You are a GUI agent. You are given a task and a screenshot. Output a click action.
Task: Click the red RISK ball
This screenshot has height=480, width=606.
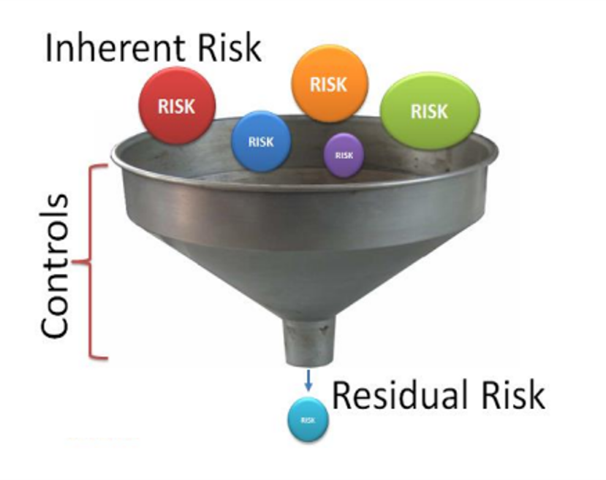[177, 107]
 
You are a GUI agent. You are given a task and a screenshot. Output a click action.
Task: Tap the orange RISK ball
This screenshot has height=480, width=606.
[328, 83]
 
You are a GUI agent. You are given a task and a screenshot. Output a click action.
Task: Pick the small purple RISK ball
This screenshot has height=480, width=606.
[344, 155]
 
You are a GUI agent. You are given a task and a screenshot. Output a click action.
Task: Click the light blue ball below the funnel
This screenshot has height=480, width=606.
[308, 419]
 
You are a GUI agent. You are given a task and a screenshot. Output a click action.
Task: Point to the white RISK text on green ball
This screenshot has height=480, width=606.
[429, 112]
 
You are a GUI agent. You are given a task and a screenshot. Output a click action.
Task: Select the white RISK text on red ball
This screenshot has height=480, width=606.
[177, 107]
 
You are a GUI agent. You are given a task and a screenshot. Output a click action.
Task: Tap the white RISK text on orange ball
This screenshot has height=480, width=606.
[328, 84]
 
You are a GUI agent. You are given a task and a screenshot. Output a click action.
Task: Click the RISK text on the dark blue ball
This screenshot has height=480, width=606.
[261, 142]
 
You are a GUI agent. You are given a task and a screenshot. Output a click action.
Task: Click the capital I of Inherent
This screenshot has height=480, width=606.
[50, 48]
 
